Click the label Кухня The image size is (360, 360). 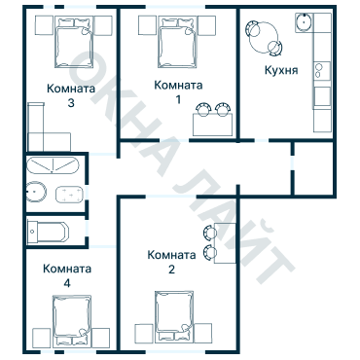(281, 70)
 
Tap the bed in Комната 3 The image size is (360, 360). (74, 42)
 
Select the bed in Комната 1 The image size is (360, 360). (177, 42)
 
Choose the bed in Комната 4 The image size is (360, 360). (72, 320)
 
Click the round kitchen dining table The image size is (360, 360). (264, 37)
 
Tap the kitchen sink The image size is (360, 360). (304, 22)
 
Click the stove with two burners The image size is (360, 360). (322, 71)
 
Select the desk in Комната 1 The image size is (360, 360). (213, 125)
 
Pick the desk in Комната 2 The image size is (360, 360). (225, 243)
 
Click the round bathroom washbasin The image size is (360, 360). (36, 192)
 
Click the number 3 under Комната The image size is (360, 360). (71, 103)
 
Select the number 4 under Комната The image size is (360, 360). (67, 283)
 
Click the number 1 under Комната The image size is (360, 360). (178, 99)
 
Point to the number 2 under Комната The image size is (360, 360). (171, 270)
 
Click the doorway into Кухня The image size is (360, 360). (262, 140)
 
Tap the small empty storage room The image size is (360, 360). (313, 168)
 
